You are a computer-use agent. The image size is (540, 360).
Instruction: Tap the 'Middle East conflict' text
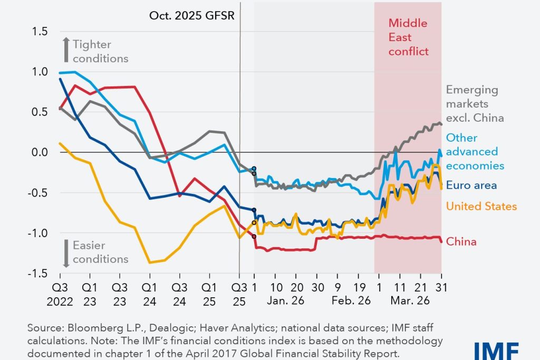pyautogui.click(x=408, y=37)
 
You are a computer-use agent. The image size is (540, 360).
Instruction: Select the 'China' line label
pyautogui.click(x=461, y=242)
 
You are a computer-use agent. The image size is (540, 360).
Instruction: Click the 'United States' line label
pyautogui.click(x=481, y=206)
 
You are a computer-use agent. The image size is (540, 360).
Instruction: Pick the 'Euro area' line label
pyautogui.click(x=471, y=185)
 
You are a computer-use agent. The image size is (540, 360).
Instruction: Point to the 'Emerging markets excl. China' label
pyautogui.click(x=475, y=104)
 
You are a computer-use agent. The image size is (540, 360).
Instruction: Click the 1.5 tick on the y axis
pyautogui.click(x=40, y=32)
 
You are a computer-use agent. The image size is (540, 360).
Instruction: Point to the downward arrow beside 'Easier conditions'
pyautogui.click(x=66, y=253)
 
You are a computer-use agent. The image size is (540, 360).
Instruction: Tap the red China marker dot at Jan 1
pyautogui.click(x=254, y=236)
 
